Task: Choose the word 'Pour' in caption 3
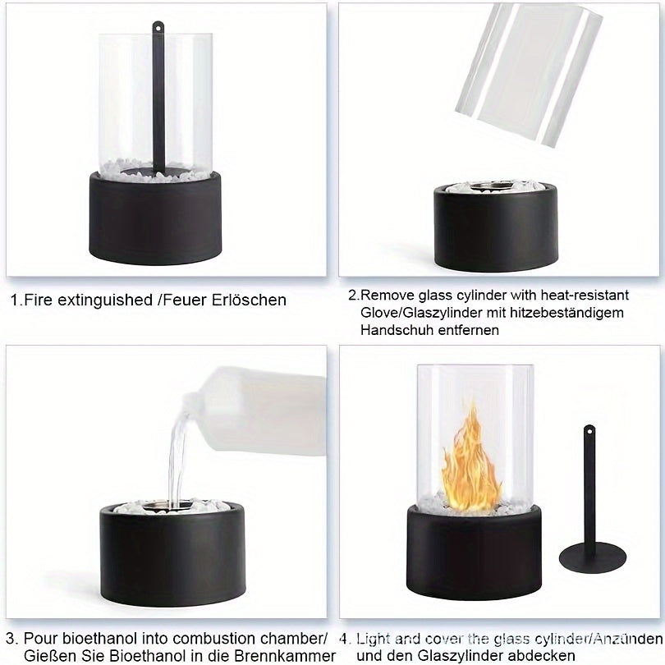[39, 639]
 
